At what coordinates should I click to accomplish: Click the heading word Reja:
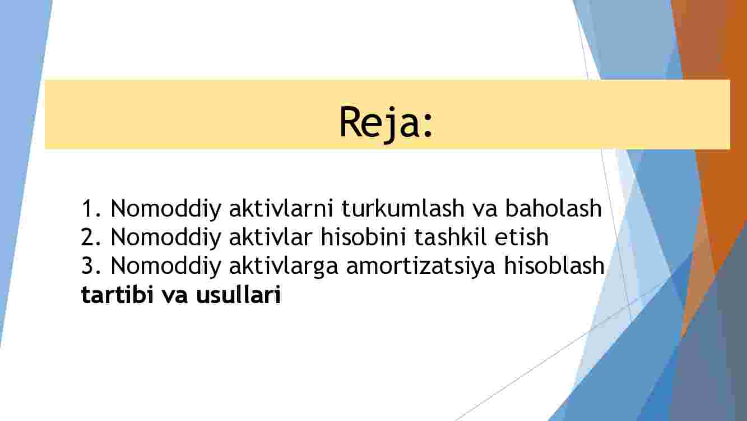(386, 122)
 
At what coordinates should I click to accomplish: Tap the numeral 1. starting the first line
(91, 208)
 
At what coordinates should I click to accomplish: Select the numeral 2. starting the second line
(91, 237)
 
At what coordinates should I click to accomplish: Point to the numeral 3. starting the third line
(91, 266)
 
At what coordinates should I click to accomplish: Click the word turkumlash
(403, 208)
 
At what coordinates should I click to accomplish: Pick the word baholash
(554, 208)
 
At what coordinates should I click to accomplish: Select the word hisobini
(363, 236)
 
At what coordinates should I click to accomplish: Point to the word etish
(522, 236)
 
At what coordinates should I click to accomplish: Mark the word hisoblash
(554, 266)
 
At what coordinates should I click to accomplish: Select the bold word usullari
(238, 294)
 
